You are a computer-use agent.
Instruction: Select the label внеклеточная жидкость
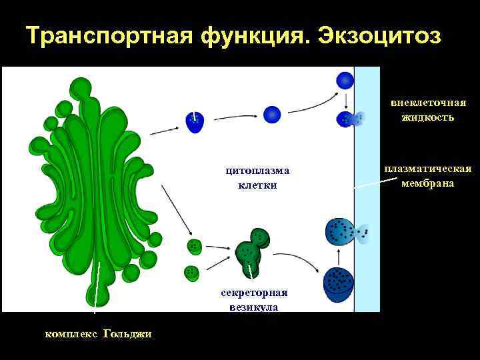click(x=428, y=110)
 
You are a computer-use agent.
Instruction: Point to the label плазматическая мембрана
click(x=428, y=176)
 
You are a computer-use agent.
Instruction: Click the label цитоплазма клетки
click(x=257, y=178)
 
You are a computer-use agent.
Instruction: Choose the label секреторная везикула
click(x=254, y=299)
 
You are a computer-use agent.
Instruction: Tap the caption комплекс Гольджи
click(x=98, y=333)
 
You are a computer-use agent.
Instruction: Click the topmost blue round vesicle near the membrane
click(x=345, y=81)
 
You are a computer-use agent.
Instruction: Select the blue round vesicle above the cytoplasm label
click(x=271, y=115)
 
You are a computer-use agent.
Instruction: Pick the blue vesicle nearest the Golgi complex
click(x=194, y=121)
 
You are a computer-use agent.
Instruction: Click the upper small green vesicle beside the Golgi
click(x=194, y=246)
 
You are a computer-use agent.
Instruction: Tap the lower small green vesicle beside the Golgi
click(x=192, y=272)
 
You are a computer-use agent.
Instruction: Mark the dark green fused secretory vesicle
click(x=252, y=251)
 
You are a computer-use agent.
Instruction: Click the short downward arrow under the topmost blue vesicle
click(x=345, y=100)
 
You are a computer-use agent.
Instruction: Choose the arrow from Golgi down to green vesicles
click(x=174, y=207)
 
